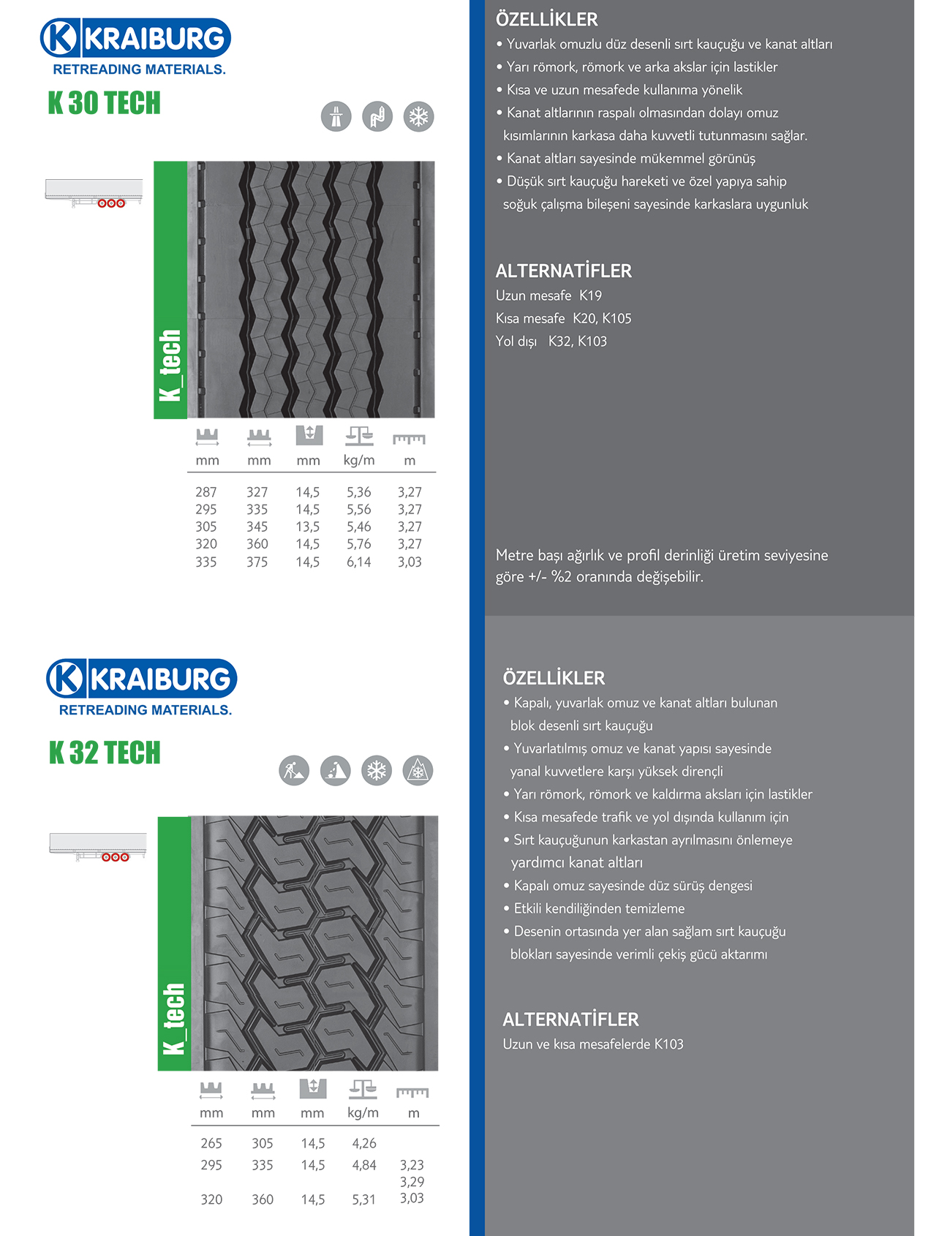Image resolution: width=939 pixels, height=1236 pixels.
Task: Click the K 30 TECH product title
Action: pyautogui.click(x=104, y=103)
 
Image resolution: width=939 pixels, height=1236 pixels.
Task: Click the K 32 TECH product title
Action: pyautogui.click(x=105, y=753)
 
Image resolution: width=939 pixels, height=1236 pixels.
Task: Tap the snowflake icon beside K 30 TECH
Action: pyautogui.click(x=418, y=116)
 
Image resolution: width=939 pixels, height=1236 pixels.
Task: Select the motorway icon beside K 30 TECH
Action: pyautogui.click(x=336, y=116)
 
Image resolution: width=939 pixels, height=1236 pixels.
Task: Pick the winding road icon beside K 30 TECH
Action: pyautogui.click(x=377, y=116)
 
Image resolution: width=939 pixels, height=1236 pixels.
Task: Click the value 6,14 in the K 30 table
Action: pyautogui.click(x=358, y=562)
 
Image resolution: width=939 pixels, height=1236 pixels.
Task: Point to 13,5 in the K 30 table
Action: pyautogui.click(x=307, y=527)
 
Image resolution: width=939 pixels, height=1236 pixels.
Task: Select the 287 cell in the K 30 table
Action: pyautogui.click(x=206, y=492)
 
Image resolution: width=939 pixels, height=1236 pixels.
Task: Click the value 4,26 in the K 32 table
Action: pyautogui.click(x=364, y=1143)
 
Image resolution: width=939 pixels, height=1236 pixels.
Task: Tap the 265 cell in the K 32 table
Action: pyautogui.click(x=211, y=1143)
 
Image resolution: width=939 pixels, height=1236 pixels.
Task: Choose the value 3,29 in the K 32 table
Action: pyautogui.click(x=412, y=1181)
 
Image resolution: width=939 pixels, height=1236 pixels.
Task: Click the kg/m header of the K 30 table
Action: pyautogui.click(x=359, y=460)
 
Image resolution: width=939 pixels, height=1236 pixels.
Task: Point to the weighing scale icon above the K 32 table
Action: pyautogui.click(x=363, y=1089)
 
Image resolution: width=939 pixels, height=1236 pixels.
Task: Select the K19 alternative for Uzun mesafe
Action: pyautogui.click(x=590, y=295)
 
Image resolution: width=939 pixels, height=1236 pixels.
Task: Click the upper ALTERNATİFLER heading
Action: pyautogui.click(x=563, y=271)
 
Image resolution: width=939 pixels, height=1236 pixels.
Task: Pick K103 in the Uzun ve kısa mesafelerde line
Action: pyautogui.click(x=668, y=1044)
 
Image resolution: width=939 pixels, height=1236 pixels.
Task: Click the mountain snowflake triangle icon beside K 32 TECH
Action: pyautogui.click(x=418, y=770)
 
